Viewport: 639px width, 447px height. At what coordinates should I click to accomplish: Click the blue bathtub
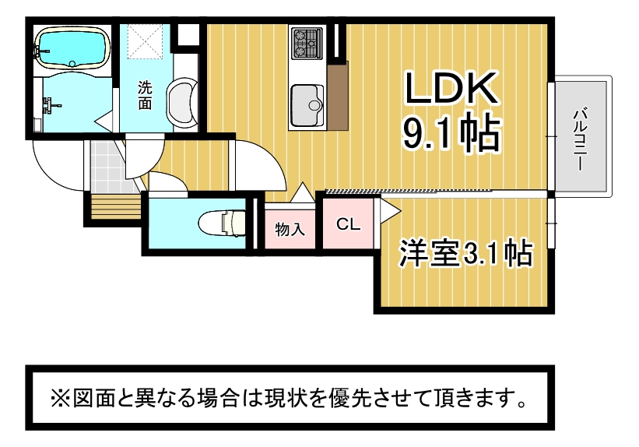coord(73,48)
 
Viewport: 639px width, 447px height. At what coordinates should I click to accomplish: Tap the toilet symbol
coord(222,222)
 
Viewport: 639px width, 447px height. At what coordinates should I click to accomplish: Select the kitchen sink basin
coord(307,105)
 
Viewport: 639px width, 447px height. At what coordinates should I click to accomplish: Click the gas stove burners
coord(307,42)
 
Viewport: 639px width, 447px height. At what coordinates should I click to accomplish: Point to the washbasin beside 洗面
coord(182,102)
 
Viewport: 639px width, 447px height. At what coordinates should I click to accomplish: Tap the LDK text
coord(451,88)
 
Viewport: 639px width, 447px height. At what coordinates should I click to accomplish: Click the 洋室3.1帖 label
coord(465,253)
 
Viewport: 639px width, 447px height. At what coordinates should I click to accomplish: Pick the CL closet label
coord(348,224)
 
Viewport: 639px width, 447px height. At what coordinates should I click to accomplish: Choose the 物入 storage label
coord(290,229)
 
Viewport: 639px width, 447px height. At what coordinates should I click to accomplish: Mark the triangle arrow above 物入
coord(303,192)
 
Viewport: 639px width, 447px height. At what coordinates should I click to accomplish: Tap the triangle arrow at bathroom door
coord(104,121)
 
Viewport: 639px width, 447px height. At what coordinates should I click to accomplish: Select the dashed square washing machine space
coord(146,41)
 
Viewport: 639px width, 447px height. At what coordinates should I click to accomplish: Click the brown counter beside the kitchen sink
coord(338,97)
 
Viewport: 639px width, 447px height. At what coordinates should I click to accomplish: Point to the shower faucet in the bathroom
coord(51,104)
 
